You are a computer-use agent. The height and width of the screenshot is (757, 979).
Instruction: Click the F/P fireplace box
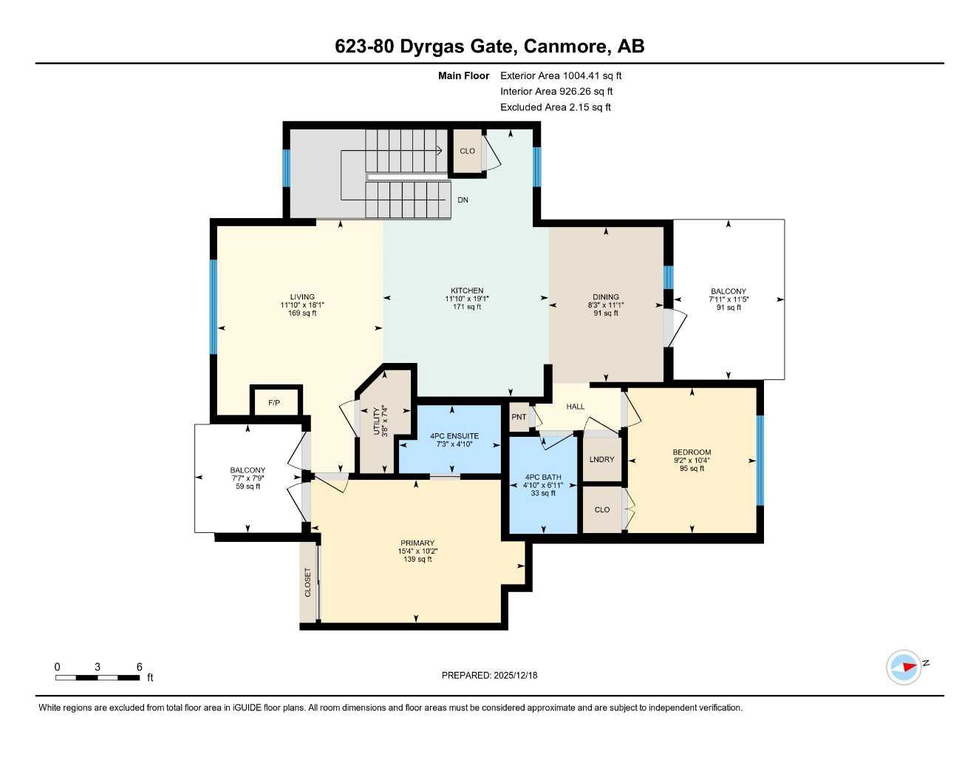(274, 403)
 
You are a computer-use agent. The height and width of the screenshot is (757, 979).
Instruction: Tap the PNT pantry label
(519, 417)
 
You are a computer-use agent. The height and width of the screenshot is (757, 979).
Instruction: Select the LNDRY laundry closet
(601, 459)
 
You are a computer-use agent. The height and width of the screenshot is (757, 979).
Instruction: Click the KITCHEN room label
(467, 291)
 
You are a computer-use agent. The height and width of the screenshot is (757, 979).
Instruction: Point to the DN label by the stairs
(463, 200)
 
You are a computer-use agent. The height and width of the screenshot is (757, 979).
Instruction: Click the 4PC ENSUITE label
(454, 436)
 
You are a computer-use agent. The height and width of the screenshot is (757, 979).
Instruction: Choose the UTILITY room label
(376, 421)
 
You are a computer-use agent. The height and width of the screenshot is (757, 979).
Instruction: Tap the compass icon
(904, 667)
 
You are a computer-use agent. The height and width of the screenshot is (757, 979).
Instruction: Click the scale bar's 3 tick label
(98, 667)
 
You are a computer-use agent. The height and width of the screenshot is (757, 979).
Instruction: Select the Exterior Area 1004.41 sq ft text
(561, 75)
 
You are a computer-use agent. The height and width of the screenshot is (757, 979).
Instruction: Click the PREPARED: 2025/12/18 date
(489, 675)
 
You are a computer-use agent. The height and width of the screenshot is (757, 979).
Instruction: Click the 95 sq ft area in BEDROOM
(692, 468)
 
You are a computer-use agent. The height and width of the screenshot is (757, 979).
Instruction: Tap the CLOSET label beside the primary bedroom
(308, 583)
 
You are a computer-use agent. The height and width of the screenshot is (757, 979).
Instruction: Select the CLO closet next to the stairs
(467, 151)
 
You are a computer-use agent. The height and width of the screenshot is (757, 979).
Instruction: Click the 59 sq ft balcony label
(248, 486)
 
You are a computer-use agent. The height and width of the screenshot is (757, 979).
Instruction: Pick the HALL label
(576, 407)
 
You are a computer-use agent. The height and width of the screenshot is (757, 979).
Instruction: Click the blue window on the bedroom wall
(760, 461)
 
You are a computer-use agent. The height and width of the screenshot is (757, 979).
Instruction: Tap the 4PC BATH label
(543, 477)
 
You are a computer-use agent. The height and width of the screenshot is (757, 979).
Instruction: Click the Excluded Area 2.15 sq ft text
(555, 107)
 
